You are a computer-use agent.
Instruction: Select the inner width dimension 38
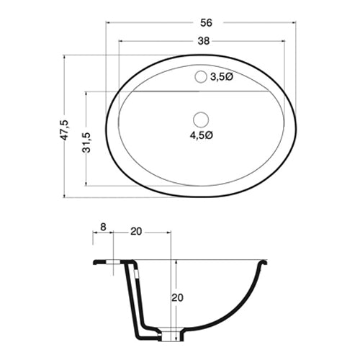[x=203, y=41]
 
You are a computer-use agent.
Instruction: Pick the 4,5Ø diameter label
[x=202, y=135]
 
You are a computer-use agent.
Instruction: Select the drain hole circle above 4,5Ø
[x=202, y=118]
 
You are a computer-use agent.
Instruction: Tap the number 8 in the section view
[x=103, y=228]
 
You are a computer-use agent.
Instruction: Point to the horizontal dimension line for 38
[x=158, y=41]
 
